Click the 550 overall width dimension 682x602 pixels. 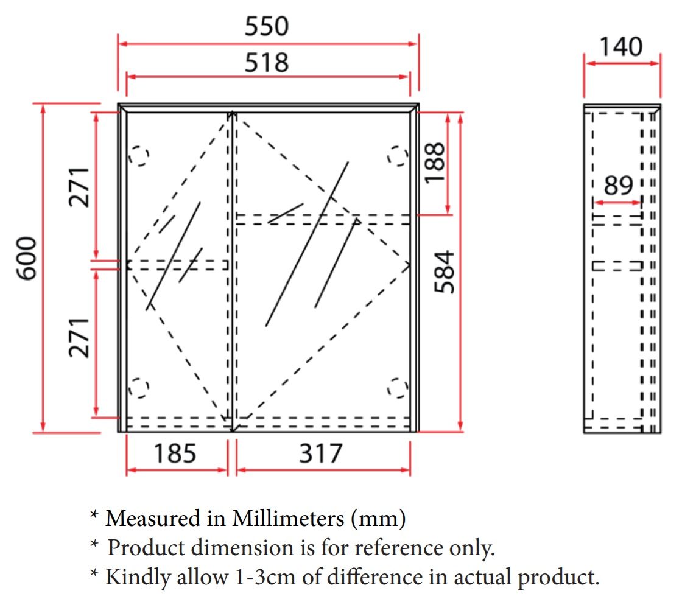pos(267,26)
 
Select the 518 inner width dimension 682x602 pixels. pos(267,62)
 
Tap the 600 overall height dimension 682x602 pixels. pos(26,258)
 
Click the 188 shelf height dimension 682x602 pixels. pos(435,163)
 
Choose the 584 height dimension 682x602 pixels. pos(445,271)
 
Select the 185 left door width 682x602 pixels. pos(175,453)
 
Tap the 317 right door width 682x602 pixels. pos(320,453)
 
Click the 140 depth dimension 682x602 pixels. pos(621,46)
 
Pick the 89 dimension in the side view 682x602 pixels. pos(619,185)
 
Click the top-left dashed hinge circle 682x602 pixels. pos(139,156)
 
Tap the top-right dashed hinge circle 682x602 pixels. pos(398,156)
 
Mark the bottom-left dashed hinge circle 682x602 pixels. pos(139,388)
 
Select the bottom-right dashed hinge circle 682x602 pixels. pos(398,388)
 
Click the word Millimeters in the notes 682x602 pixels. pos(288,518)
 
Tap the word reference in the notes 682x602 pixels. pos(399,548)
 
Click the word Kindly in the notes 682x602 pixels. pos(138,578)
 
